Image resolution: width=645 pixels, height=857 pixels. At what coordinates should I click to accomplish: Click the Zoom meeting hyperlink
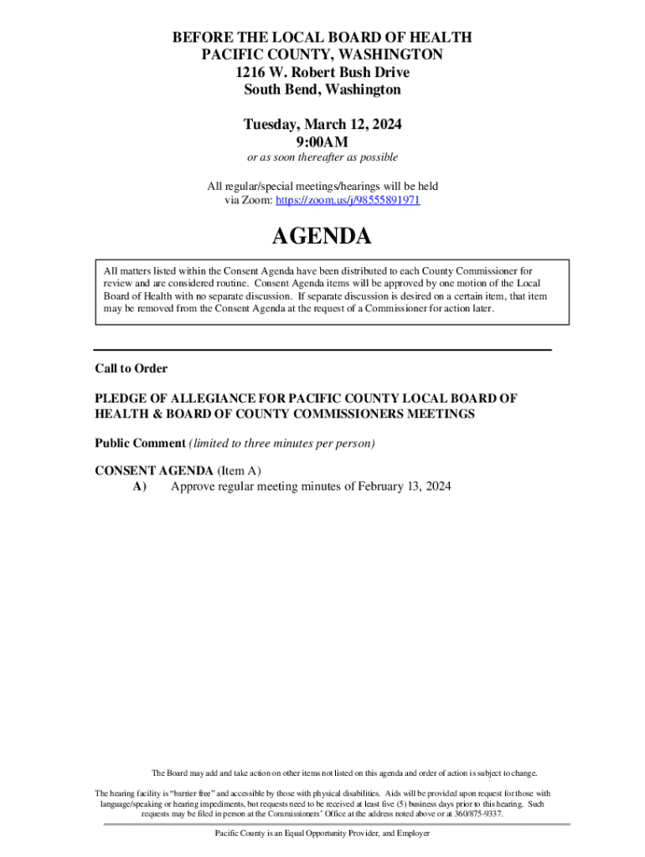(348, 202)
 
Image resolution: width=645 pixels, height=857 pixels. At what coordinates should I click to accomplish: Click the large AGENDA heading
(322, 238)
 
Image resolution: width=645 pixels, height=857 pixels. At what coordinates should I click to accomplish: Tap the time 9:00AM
(322, 141)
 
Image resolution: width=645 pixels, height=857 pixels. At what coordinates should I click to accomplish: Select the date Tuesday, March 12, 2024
(322, 125)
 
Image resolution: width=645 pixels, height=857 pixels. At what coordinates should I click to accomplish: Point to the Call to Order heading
(131, 368)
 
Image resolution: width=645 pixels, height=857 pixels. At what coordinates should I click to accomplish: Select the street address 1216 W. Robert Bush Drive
(322, 72)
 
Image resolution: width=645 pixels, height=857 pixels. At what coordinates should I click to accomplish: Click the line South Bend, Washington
(322, 90)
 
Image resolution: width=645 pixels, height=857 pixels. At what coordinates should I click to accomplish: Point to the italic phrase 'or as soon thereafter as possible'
(322, 157)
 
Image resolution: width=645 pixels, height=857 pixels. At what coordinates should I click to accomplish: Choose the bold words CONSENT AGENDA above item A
(154, 471)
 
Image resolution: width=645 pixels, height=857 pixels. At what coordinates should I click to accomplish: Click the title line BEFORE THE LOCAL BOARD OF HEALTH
(322, 38)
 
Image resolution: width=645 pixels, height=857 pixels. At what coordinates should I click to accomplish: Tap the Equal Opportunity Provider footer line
(322, 834)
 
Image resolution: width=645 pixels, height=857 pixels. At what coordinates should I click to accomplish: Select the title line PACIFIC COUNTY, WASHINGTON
(322, 54)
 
